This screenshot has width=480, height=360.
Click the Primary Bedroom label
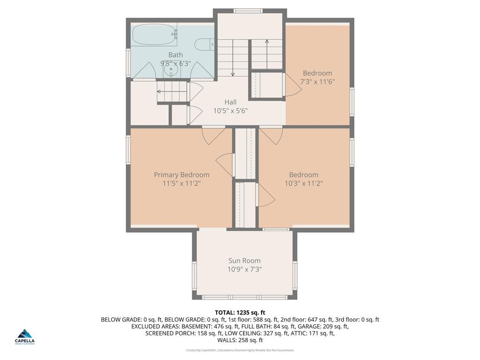(x=181, y=175)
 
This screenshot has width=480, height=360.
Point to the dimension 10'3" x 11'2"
(x=303, y=183)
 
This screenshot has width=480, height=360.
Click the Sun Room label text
(x=244, y=261)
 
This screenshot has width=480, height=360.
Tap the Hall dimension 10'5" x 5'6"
(x=230, y=111)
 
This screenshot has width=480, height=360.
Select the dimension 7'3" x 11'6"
(x=317, y=82)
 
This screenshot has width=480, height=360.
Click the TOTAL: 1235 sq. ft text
(x=240, y=312)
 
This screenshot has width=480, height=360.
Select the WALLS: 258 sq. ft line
(x=240, y=340)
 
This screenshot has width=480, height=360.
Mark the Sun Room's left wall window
(x=194, y=275)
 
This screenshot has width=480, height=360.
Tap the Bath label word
(x=176, y=55)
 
